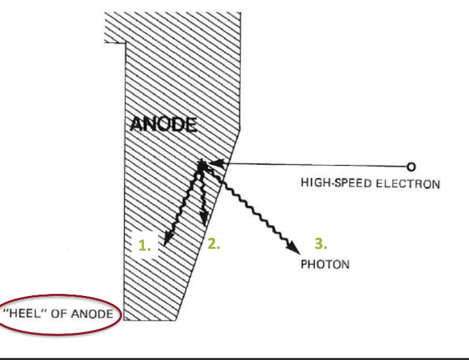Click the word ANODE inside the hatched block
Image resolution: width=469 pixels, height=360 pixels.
163,125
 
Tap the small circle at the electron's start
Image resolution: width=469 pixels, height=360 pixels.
410,166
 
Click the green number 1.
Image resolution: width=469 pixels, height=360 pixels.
145,246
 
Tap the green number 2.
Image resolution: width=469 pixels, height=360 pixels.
213,243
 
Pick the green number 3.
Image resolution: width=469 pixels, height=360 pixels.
320,243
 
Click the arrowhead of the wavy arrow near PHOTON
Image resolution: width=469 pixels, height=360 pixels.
294,247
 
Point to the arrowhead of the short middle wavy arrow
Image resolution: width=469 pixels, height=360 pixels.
204,220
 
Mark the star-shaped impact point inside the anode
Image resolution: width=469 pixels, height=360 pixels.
202,164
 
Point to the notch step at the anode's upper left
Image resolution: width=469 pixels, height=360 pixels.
125,44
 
